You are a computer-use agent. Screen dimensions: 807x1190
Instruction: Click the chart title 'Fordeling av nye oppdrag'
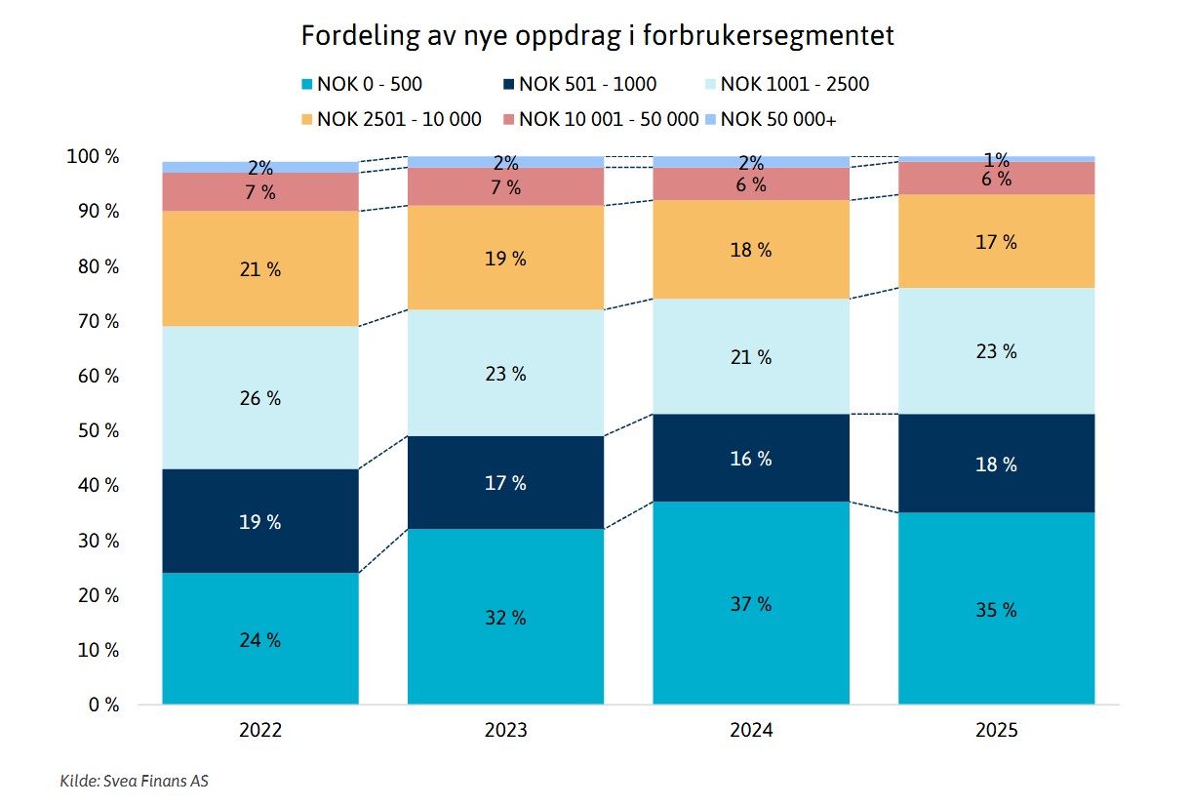597,36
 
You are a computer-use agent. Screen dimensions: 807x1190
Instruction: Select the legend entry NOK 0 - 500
369,84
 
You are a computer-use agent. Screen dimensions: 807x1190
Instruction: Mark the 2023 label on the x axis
505,730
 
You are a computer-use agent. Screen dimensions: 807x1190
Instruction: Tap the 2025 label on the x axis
996,730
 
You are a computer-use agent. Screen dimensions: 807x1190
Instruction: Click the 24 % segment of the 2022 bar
260,638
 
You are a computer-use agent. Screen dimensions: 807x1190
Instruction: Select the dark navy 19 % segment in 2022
260,521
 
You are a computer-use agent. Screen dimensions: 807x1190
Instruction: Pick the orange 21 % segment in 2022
260,268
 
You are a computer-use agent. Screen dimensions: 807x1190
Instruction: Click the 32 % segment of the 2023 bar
505,617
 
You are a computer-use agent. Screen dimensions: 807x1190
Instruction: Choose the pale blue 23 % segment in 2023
505,373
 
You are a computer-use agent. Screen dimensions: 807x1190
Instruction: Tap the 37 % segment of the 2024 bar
751,603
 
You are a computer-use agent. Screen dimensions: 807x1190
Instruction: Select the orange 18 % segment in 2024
751,249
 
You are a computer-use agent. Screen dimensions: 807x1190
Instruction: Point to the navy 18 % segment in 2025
996,464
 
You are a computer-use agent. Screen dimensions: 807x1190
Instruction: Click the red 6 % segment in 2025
996,179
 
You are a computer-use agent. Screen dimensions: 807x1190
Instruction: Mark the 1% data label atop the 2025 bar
996,159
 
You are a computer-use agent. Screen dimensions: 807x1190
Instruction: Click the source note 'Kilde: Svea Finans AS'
134,781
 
